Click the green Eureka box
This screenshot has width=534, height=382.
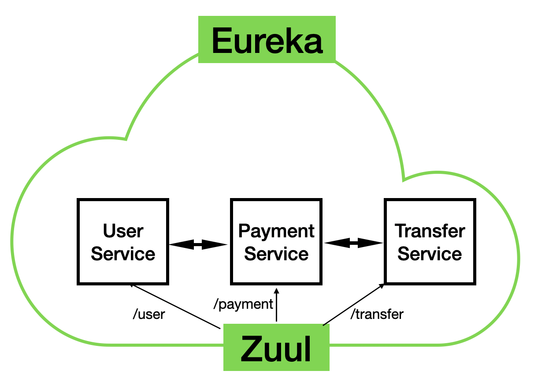coord(267,40)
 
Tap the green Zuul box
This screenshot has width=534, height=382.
coord(276,348)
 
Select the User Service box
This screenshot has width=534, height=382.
coord(123,241)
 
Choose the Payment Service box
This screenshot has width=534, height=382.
coord(276,241)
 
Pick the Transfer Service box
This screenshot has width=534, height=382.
coord(430,241)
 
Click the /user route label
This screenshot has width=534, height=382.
coord(149,315)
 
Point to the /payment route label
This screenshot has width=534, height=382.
coord(243,304)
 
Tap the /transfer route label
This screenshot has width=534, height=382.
coord(377,315)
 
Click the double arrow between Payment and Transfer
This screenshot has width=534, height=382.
coord(353,243)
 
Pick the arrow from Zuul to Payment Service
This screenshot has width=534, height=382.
coord(277,309)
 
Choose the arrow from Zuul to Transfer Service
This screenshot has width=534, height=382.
coord(352,305)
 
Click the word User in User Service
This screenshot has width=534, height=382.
coord(123,231)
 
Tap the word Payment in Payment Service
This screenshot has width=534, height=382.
coord(276,231)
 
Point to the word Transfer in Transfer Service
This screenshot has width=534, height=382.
coord(430,231)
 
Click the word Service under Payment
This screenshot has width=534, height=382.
coord(276,254)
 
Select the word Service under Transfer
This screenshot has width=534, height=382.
coord(430,254)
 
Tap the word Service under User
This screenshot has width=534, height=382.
coord(123,254)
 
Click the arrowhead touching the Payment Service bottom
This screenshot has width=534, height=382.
coord(277,292)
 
